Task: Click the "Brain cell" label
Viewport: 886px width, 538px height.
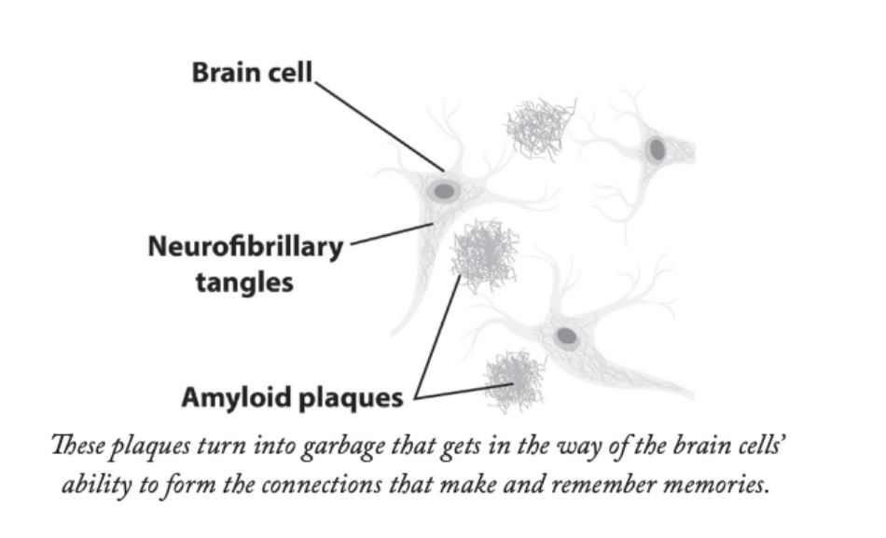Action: [253, 73]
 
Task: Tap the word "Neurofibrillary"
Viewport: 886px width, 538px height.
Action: [245, 247]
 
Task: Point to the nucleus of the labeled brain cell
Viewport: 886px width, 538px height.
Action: [445, 191]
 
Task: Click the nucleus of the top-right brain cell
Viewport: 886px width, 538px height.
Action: [658, 149]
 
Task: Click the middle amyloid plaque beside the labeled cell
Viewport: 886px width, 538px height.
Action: [483, 250]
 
